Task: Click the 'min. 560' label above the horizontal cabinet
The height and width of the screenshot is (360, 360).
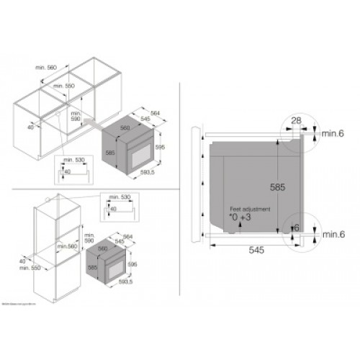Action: coord(48,68)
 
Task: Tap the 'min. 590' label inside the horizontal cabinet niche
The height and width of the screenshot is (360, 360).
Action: coord(75,117)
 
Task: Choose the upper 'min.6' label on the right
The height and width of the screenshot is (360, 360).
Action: coord(333,133)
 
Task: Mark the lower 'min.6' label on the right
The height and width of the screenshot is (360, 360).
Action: coord(333,234)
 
